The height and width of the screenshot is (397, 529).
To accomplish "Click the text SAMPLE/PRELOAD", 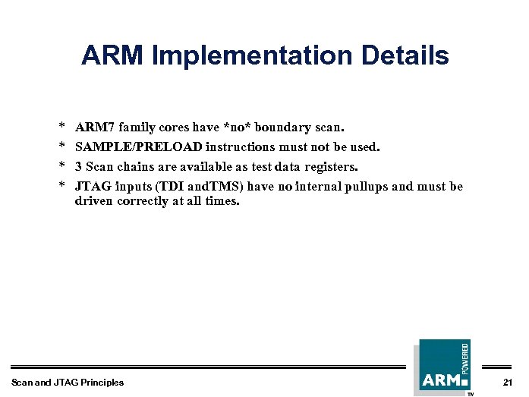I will pyautogui.click(x=138, y=147).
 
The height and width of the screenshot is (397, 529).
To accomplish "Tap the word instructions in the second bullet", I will pyautogui.click(x=240, y=147).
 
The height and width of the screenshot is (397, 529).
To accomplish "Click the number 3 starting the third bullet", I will pyautogui.click(x=78, y=166).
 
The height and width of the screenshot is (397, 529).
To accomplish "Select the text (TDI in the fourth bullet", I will pyautogui.click(x=169, y=186).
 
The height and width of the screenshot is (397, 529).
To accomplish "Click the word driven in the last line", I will pyautogui.click(x=93, y=201).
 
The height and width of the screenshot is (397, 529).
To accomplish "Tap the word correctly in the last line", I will pyautogui.click(x=143, y=201).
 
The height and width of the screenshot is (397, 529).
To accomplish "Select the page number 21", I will pyautogui.click(x=508, y=382).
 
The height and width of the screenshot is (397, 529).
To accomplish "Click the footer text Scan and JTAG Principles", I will pyautogui.click(x=68, y=382).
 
